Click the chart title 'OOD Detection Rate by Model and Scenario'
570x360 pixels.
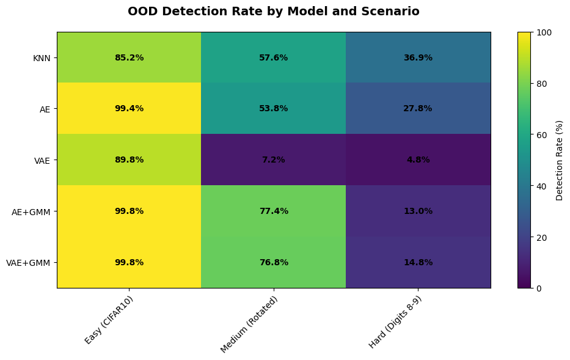pos(273,11)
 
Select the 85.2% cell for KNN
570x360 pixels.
pos(129,57)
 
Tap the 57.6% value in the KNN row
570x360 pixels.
pos(273,57)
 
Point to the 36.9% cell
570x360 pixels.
pos(418,57)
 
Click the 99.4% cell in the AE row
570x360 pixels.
pos(129,108)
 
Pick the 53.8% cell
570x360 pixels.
pos(273,108)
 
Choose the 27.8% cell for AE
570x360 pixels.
pos(418,108)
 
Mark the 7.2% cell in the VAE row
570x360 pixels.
pos(273,160)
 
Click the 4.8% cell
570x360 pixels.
pos(418,160)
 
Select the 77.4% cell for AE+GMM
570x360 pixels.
pos(273,211)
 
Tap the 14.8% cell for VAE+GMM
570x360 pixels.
pos(418,262)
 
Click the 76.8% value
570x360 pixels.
pos(273,262)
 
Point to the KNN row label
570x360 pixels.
pos(42,58)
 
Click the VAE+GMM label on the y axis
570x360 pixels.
pos(28,263)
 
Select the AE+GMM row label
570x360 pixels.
pos(31,211)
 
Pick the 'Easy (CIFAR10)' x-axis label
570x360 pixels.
pos(109,320)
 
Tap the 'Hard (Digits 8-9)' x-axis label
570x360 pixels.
pos(395,322)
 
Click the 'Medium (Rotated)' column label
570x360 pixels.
pos(249,325)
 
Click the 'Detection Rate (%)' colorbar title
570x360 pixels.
pos(559,160)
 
